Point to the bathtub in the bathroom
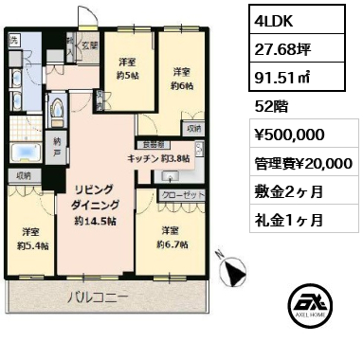[x=22, y=153]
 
